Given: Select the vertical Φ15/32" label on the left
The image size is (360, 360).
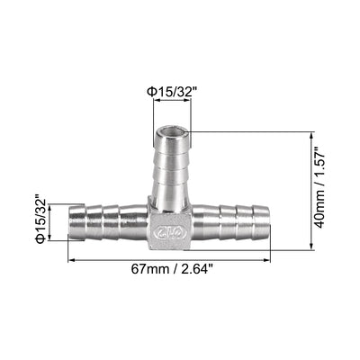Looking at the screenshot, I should (40, 220).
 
